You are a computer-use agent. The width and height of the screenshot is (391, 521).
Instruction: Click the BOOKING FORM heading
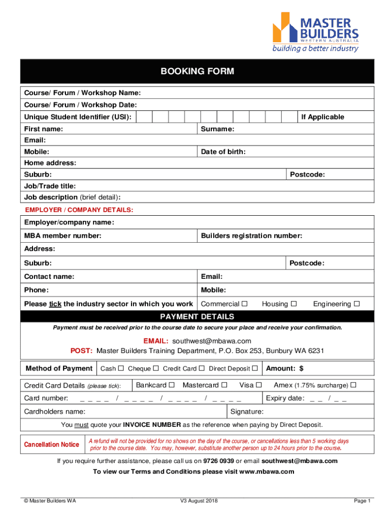tap(197, 72)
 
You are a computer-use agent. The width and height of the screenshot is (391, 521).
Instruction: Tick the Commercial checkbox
tap(244, 304)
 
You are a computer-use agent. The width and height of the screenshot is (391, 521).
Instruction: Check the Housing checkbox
tap(293, 304)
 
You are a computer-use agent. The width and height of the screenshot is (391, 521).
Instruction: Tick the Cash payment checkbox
tap(120, 368)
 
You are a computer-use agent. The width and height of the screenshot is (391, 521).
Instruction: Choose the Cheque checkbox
tap(156, 368)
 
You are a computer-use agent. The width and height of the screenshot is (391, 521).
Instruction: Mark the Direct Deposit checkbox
tap(255, 368)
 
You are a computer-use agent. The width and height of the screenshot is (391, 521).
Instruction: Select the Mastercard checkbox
tap(224, 385)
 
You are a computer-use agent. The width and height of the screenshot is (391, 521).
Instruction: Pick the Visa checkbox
tap(258, 385)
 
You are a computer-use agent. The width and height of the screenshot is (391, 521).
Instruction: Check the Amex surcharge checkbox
tap(353, 385)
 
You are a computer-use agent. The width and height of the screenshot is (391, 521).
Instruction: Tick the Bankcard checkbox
tap(172, 385)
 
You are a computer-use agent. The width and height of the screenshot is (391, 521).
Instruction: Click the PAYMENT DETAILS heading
tap(197, 317)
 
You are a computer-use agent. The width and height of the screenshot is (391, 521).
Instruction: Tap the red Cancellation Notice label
tap(51, 445)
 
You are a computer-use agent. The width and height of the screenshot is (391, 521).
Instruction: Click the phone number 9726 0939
tap(218, 461)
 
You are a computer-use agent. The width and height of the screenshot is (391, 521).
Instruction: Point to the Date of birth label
tap(223, 152)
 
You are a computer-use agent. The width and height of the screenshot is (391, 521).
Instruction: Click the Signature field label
tap(247, 412)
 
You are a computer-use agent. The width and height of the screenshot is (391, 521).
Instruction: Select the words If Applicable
tap(322, 117)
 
